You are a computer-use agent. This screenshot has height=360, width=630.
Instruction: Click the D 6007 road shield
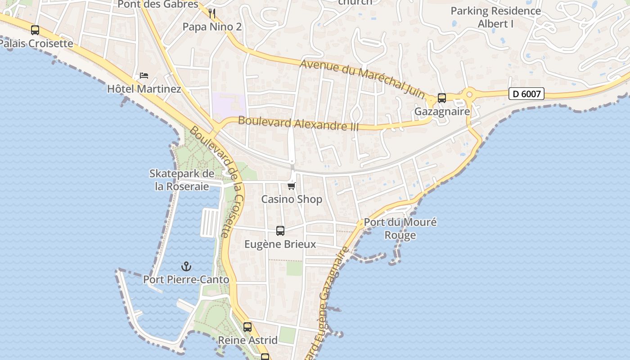tap(526, 94)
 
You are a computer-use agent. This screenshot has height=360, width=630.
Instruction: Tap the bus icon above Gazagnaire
tap(442, 98)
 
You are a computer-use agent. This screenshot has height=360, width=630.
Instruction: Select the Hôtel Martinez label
tap(144, 89)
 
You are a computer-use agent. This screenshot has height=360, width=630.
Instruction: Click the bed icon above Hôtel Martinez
tap(144, 75)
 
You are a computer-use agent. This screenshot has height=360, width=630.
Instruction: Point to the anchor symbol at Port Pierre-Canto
tap(186, 266)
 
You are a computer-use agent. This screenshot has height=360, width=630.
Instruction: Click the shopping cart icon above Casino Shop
tap(292, 186)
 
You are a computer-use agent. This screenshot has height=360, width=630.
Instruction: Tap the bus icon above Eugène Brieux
tap(280, 231)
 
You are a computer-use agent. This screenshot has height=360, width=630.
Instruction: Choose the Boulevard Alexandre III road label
tap(298, 123)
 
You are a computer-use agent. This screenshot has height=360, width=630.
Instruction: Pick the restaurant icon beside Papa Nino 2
tap(212, 13)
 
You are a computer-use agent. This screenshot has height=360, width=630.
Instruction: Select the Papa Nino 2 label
tap(212, 27)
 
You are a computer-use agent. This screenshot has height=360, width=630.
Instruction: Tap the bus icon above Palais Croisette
tap(35, 30)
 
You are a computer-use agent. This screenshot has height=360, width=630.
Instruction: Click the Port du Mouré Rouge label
tap(400, 229)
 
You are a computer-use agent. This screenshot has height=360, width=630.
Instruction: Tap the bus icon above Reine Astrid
tap(247, 327)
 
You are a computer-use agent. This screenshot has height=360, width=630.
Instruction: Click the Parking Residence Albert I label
tap(495, 17)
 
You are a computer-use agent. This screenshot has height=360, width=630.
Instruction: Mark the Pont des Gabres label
tap(158, 4)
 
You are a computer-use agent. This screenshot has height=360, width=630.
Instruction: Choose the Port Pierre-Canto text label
tap(186, 279)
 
